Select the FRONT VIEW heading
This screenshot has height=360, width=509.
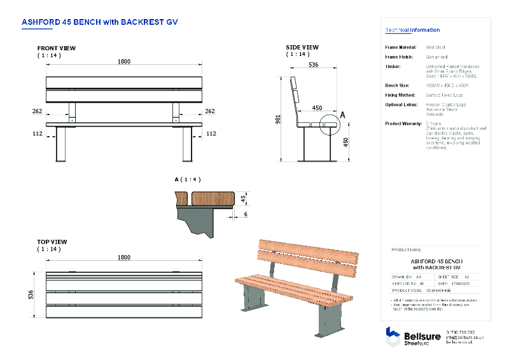point(56,48)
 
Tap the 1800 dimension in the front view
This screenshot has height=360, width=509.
point(123,61)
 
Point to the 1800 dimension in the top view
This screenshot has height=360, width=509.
point(123,257)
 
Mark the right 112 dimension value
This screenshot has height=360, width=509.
point(211,134)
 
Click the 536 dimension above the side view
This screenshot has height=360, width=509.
point(313,65)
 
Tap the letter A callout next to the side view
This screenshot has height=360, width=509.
point(343,115)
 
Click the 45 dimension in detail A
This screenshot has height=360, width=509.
point(243,198)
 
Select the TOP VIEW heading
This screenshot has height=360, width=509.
point(52,242)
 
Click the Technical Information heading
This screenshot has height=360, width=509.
point(412,30)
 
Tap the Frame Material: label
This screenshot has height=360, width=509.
point(401,47)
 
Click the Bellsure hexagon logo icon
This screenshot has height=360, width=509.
point(393,335)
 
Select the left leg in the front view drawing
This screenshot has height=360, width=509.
point(62,144)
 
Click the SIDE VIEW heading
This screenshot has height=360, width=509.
point(302,47)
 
